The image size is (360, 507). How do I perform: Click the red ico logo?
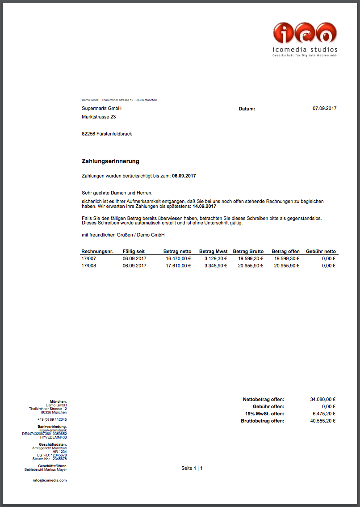[x=305, y=33]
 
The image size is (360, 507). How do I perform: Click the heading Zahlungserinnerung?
[x=110, y=161]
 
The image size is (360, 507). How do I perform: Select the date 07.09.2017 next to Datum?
[x=325, y=108]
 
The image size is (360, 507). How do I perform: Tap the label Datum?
[x=247, y=109]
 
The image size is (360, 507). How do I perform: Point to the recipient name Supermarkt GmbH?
[x=101, y=108]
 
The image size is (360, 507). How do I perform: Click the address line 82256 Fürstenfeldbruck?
[x=107, y=134]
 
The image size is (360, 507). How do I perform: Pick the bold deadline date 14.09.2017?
[x=204, y=207]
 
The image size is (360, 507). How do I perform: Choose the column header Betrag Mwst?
[x=213, y=251]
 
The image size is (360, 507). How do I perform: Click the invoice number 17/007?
[x=88, y=258]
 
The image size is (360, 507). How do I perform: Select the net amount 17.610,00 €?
[x=178, y=266]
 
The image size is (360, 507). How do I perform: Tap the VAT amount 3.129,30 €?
[x=216, y=258]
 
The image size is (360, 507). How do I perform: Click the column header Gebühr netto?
[x=321, y=251]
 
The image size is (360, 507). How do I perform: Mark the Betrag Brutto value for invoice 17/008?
[x=251, y=266]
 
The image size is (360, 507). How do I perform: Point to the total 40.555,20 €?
[x=322, y=421]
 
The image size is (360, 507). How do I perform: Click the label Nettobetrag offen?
[x=264, y=399]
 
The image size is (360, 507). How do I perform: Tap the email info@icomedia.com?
[x=50, y=480]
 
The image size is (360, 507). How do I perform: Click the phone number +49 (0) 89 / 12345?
[x=52, y=419]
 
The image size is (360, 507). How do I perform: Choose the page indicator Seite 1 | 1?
[x=192, y=468]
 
